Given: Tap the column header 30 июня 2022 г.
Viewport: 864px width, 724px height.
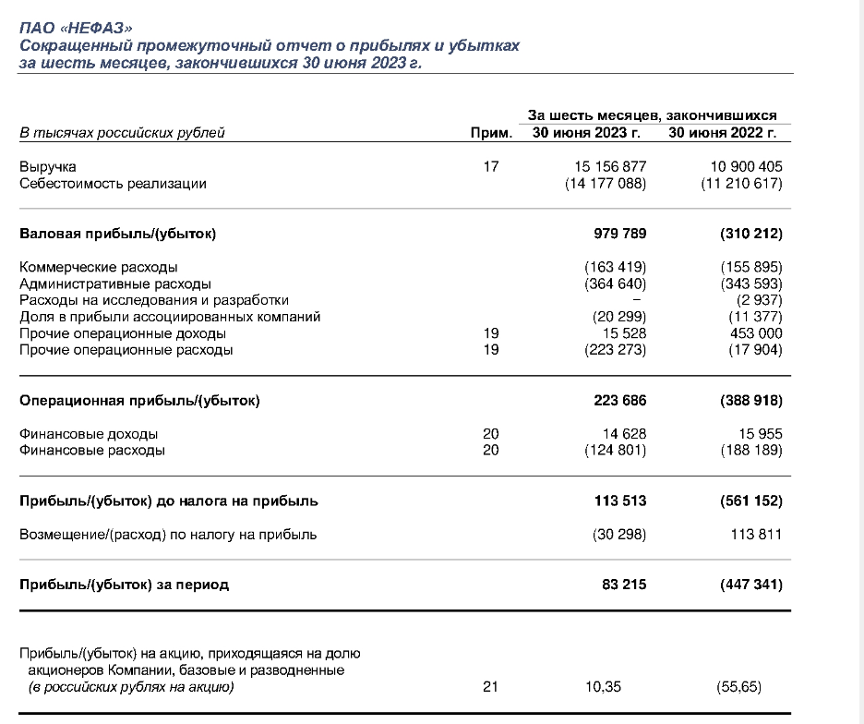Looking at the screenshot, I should coord(723,133).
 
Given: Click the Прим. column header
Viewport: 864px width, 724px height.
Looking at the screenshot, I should coord(491,133).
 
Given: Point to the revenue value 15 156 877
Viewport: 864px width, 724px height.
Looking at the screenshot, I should coord(609,167).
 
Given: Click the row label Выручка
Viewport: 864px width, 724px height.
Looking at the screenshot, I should coord(48,167).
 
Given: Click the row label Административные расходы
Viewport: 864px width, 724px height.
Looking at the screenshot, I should coord(115,284).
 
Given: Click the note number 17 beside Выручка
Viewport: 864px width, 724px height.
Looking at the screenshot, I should coord(491,167).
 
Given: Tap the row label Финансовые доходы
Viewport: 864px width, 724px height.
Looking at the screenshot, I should coord(89,434).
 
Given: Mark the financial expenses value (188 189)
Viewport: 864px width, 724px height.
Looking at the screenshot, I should coord(751,451).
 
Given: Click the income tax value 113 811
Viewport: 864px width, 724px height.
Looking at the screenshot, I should coord(756,535).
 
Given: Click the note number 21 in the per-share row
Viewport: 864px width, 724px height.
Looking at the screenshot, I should coord(491,687).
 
